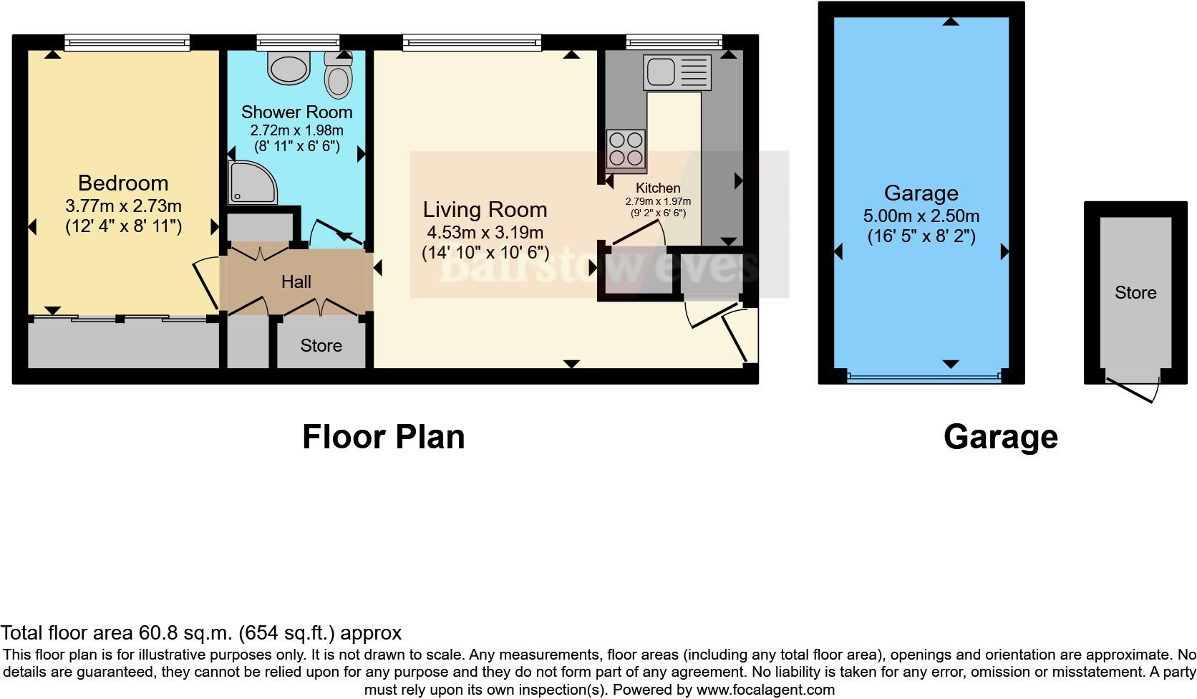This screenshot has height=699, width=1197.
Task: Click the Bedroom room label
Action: [x=123, y=183]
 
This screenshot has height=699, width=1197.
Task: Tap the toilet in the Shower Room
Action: [x=339, y=76]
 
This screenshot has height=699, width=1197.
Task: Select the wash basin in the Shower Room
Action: [x=289, y=67]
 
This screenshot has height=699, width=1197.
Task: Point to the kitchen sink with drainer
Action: [x=677, y=72]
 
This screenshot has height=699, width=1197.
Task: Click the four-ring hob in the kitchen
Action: [x=626, y=149]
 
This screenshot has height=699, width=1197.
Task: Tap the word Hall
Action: [x=296, y=281]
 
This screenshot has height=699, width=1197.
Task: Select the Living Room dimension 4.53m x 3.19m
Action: [x=485, y=233]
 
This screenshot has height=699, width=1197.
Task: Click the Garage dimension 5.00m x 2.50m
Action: [x=921, y=216]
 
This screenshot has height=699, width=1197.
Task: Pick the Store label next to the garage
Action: [x=1135, y=292]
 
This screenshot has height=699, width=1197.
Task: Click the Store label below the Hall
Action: [x=321, y=346]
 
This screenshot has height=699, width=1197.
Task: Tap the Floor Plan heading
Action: [x=383, y=437]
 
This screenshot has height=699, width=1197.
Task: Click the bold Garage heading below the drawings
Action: [x=1000, y=437]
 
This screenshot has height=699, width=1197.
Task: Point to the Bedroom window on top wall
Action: [x=127, y=43]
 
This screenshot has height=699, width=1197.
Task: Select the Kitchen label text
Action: [x=658, y=188]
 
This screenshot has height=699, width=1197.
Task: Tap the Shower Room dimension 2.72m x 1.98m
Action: [x=296, y=130]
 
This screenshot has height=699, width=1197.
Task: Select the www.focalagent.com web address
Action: [x=765, y=690]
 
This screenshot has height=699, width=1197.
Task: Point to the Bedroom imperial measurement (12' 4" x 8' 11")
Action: [x=123, y=227]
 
